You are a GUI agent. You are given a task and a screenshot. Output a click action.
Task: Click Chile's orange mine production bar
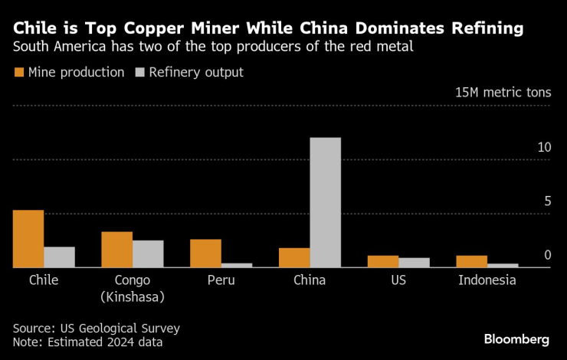coord(28,239)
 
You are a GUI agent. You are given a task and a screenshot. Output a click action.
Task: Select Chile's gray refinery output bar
coord(59,257)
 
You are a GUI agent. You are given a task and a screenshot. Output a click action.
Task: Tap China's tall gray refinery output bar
coord(325,203)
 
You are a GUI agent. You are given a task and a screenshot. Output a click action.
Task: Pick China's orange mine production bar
coord(294,258)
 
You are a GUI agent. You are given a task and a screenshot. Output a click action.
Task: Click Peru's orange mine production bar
coord(205,254)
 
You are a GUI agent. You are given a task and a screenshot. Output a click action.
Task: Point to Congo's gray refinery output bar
coord(148,254)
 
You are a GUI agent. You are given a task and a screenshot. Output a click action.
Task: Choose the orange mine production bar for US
coord(383,262)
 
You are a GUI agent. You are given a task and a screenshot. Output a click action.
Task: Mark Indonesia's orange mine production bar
coord(471,262)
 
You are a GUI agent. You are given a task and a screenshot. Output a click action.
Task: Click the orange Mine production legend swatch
coord(18,73)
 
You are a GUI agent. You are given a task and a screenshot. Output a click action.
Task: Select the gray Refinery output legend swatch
coord(139,73)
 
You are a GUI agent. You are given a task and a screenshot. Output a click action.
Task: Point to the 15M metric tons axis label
coord(503,92)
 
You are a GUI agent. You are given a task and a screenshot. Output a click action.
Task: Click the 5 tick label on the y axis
coord(547,201)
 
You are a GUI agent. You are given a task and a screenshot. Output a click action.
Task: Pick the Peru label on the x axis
coord(221,280)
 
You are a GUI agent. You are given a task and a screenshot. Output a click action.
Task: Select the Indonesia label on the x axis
coord(487,280)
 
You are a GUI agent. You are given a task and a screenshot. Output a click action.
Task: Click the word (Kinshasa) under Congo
coord(132,296)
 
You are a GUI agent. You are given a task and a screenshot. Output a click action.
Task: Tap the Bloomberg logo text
coord(516,339)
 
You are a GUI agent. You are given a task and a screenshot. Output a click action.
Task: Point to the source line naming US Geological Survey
coord(97,328)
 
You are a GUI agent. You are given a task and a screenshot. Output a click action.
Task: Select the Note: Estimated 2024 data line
coord(87,342)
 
